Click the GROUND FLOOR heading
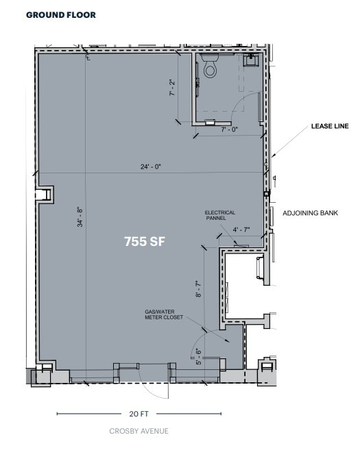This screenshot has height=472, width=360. (61, 14)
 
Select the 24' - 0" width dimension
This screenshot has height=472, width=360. (150, 166)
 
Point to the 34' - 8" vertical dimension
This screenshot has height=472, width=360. (80, 217)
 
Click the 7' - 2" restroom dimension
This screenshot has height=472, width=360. (172, 89)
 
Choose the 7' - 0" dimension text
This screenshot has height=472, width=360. (229, 129)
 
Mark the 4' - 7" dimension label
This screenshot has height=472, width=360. (242, 229)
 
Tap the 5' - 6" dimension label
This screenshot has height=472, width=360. (198, 356)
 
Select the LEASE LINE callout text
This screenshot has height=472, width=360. (330, 126)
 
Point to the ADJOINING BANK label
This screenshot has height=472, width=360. (311, 213)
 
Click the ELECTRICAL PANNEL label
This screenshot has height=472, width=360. (220, 216)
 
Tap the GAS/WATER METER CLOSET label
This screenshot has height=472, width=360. (159, 314)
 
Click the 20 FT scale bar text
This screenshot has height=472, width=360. (139, 414)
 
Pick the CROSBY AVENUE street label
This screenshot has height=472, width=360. (139, 431)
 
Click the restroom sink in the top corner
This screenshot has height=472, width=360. (252, 60)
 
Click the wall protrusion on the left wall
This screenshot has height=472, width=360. (45, 194)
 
